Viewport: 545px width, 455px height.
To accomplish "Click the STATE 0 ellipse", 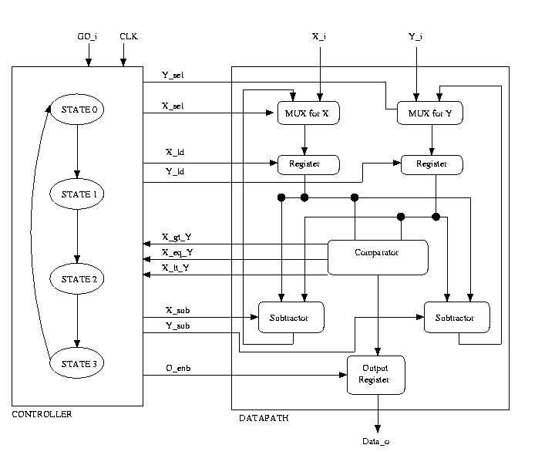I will (x=78, y=110).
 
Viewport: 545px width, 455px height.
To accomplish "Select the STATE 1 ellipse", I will (x=78, y=194).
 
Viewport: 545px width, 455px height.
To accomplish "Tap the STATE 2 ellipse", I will (x=78, y=278).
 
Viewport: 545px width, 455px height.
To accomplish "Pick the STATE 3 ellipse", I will (x=78, y=362).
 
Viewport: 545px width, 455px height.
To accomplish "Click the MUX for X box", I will (x=308, y=113).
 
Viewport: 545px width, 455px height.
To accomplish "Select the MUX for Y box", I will (x=430, y=113).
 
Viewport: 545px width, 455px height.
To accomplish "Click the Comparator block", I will (x=378, y=257).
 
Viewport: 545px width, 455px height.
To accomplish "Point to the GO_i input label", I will (x=88, y=36).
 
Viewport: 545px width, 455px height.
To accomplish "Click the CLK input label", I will (x=128, y=36).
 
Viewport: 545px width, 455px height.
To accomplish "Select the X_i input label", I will (x=319, y=36).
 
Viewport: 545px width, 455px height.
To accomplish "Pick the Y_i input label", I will (x=415, y=36).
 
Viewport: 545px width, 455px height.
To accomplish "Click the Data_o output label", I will (x=377, y=441).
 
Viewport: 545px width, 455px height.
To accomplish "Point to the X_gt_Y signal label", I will (x=177, y=237).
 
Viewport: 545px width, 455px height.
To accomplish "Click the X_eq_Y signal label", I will (x=177, y=252).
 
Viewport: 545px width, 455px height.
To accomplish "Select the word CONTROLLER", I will (x=42, y=414).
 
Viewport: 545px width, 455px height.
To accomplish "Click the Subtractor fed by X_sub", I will (x=291, y=317).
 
